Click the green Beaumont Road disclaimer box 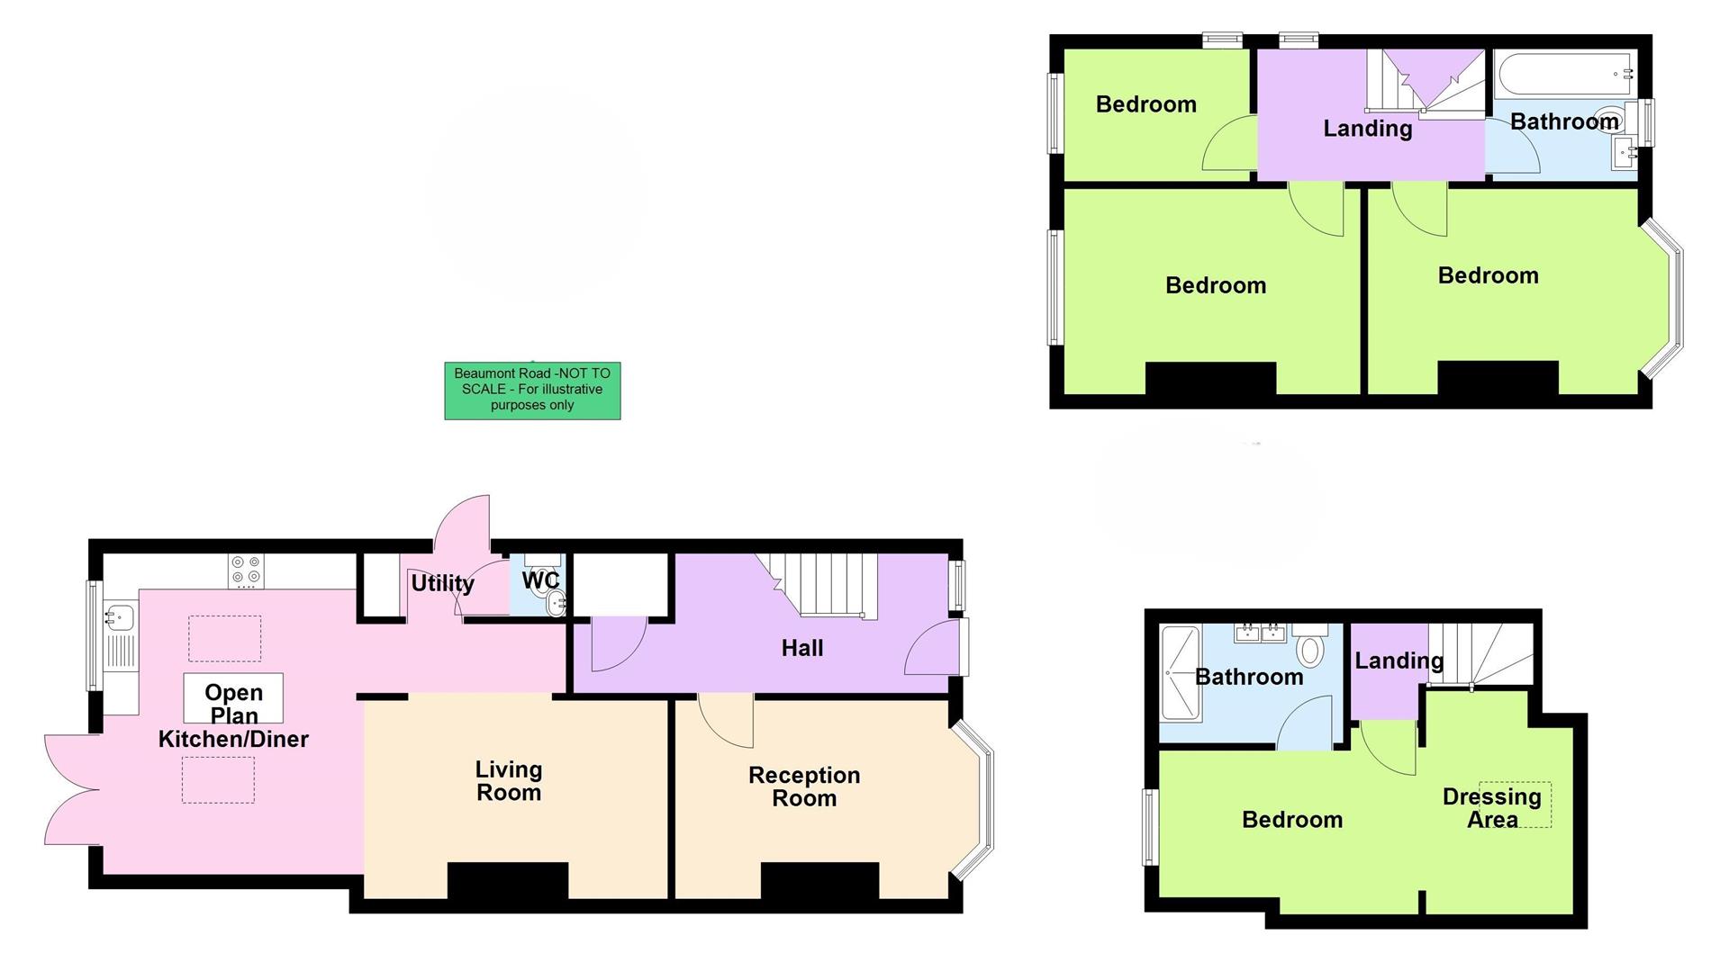point(532,390)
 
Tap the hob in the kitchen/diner point(247,571)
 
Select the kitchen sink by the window point(119,617)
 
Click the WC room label point(540,581)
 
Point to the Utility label point(442,583)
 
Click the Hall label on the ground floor point(801,648)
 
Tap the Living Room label point(509,781)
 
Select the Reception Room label point(804,787)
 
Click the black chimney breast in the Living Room point(508,880)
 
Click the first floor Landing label point(1367,129)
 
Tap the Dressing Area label point(1491,808)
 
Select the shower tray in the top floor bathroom point(1181,673)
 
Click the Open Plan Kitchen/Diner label point(233,715)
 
